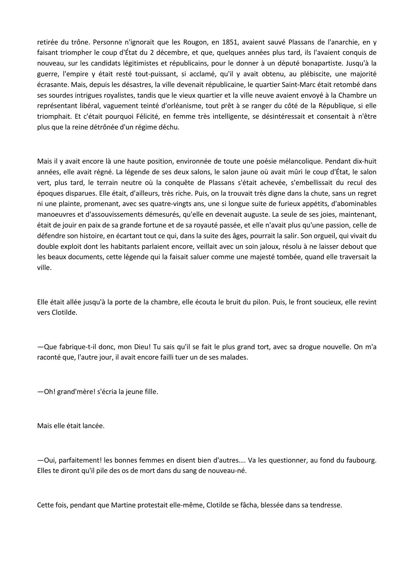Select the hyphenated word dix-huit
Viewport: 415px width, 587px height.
(365, 161)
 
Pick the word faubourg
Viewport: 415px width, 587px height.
(364, 460)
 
